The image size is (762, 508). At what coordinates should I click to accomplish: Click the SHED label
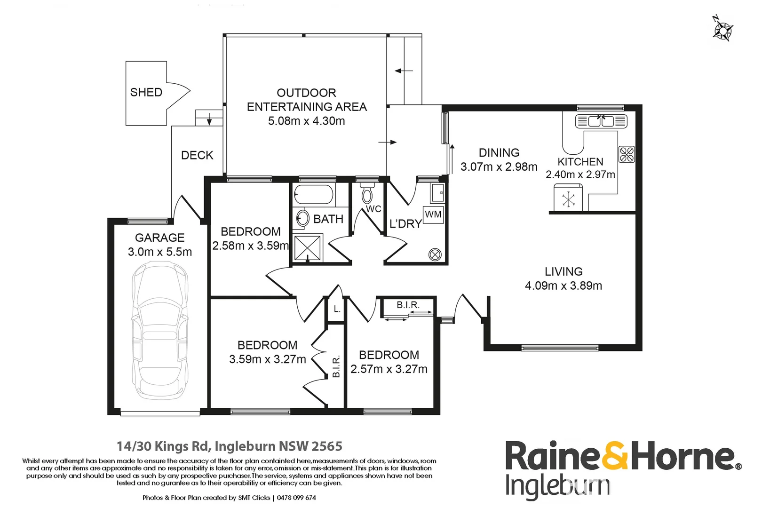pyautogui.click(x=146, y=92)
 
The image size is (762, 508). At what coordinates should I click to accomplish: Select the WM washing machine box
pyautogui.click(x=433, y=214)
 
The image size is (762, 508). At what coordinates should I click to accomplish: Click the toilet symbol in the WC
pyautogui.click(x=367, y=194)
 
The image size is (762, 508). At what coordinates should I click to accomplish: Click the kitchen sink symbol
pyautogui.click(x=601, y=121)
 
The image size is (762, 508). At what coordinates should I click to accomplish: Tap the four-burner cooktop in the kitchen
pyautogui.click(x=627, y=154)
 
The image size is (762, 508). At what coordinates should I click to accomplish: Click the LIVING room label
pyautogui.click(x=564, y=271)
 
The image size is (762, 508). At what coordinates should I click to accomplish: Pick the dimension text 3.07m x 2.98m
pyautogui.click(x=499, y=167)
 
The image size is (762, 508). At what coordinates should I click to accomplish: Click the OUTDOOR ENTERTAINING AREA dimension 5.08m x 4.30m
pyautogui.click(x=306, y=121)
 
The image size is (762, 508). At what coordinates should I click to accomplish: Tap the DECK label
pyautogui.click(x=197, y=155)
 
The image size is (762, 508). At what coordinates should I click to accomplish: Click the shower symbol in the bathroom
pyautogui.click(x=307, y=248)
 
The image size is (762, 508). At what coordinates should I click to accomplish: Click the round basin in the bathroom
pyautogui.click(x=302, y=218)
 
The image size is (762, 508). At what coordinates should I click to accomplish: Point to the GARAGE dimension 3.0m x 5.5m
pyautogui.click(x=160, y=252)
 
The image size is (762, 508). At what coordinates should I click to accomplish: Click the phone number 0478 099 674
pyautogui.click(x=296, y=498)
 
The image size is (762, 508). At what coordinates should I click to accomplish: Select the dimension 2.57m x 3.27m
pyautogui.click(x=389, y=369)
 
